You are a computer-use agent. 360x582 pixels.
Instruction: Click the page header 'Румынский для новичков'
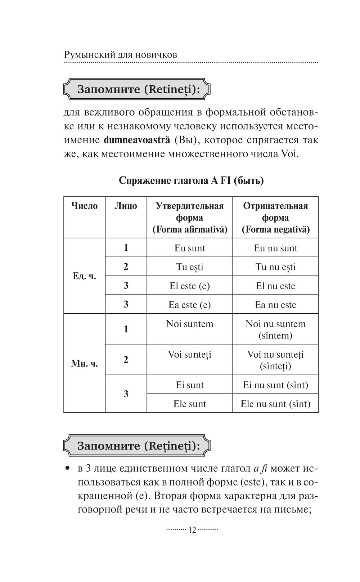tap(121, 55)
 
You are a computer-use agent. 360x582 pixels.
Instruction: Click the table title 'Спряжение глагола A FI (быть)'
tap(191, 180)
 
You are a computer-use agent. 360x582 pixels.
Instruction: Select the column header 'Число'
tap(84, 206)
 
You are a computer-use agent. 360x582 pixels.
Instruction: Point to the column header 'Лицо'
tap(126, 206)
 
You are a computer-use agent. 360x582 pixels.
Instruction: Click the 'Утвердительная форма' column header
tap(190, 218)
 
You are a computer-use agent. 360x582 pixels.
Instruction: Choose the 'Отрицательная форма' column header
tap(275, 218)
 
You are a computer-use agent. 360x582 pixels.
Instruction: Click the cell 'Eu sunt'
tap(190, 248)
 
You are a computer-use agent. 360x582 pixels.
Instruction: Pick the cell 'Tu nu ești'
tap(275, 267)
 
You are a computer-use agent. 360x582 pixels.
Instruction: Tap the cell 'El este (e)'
tap(190, 286)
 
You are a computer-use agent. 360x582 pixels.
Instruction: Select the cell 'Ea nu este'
tap(275, 305)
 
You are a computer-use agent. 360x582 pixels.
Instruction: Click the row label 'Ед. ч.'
tap(84, 276)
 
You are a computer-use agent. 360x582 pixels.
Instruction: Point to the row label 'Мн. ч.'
tap(84, 363)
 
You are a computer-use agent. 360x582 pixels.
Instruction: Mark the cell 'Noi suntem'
tap(190, 324)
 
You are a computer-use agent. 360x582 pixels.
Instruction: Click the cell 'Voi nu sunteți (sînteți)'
tap(275, 360)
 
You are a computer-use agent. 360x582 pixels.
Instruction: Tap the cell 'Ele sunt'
tap(190, 404)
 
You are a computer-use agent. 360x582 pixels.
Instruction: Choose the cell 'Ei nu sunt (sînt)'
tap(275, 385)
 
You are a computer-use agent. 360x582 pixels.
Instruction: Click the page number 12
tap(192, 530)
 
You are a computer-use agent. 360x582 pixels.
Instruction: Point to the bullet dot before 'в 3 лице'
tap(67, 469)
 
